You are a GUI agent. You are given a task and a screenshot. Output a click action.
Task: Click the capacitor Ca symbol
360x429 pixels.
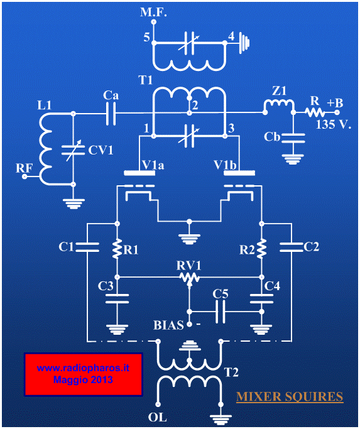point(111,113)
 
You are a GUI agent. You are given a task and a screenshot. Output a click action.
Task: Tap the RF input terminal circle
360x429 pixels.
point(25,176)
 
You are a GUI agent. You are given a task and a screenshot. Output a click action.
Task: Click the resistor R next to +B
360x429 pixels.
point(315,112)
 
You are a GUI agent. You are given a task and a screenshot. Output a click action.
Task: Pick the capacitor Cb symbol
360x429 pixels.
point(293,138)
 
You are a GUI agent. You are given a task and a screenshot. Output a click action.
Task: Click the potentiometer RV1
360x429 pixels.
point(189,278)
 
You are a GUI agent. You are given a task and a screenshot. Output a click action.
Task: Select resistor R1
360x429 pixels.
point(117,249)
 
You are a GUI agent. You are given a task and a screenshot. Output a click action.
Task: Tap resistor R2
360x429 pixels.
point(262,249)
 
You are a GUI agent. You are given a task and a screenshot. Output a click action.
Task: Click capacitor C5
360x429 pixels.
point(221,312)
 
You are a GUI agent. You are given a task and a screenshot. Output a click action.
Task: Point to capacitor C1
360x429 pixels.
point(87,247)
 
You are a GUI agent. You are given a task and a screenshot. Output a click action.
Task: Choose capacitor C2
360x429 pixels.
point(292,247)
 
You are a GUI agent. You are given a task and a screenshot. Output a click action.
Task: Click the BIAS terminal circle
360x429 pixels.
point(189,325)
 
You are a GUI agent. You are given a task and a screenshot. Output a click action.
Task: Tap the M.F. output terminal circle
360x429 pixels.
point(153,21)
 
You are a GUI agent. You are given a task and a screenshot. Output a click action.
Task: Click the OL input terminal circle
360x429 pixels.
point(158,405)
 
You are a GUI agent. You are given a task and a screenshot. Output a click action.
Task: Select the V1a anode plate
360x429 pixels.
point(139,173)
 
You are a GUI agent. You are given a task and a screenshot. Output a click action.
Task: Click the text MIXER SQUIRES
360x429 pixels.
point(290,397)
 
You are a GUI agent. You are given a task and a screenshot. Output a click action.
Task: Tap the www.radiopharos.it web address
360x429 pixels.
point(83,367)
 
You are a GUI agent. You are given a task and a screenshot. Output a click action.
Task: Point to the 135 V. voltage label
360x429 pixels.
point(334,125)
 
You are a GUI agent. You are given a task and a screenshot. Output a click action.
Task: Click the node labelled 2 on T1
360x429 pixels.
point(189,112)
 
